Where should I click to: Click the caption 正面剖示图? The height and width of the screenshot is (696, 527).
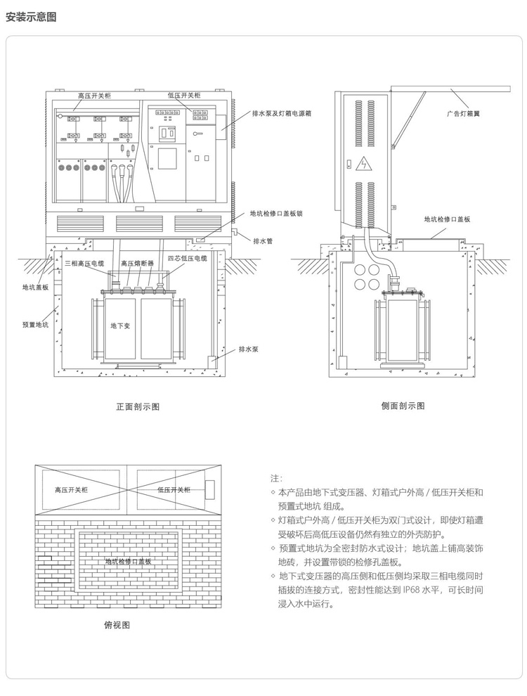[138, 406]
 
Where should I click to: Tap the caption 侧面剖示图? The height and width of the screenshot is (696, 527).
[403, 406]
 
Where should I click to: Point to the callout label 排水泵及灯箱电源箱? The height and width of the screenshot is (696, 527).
[282, 112]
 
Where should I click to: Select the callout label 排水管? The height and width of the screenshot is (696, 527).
[263, 240]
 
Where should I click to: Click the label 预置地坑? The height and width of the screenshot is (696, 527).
[35, 326]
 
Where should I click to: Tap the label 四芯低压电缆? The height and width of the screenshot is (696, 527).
[188, 259]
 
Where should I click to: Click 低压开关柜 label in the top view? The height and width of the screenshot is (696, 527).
[173, 490]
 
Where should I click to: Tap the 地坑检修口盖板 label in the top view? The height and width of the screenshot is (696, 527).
[129, 562]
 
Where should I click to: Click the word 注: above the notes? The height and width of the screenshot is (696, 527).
[275, 478]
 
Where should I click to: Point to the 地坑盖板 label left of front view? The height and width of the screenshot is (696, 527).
[35, 288]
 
